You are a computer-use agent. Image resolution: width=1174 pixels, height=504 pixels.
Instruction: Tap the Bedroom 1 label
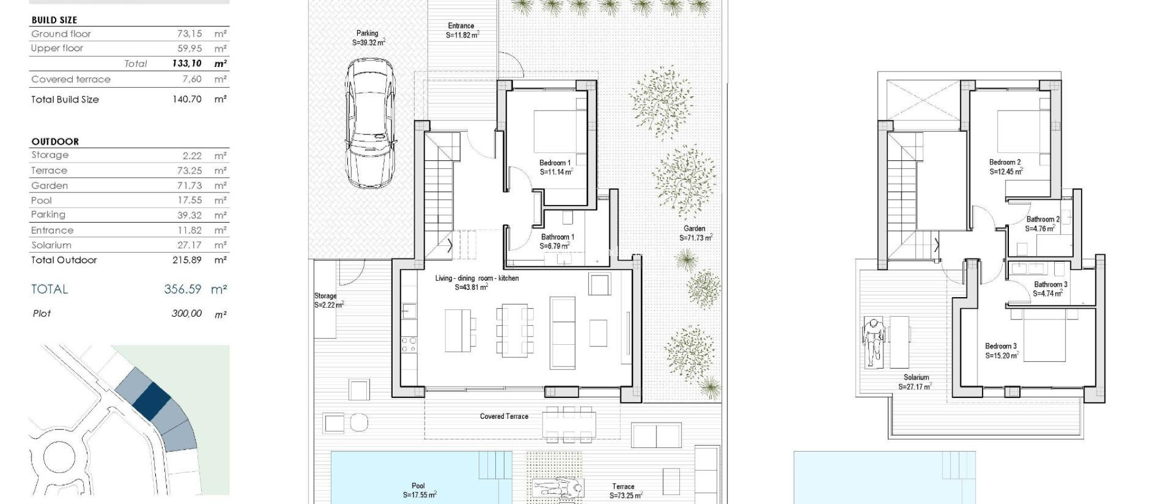point(555,163)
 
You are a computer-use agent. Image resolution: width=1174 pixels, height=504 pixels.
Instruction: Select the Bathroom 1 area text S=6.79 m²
point(554,246)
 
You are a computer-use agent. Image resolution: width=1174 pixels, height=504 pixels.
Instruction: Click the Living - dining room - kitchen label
point(476,278)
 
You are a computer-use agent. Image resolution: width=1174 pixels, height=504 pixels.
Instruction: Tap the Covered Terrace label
point(504,416)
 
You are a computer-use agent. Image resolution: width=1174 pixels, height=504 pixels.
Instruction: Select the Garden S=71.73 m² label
point(695,233)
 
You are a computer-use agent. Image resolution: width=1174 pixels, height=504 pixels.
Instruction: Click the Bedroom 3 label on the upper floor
point(1001,346)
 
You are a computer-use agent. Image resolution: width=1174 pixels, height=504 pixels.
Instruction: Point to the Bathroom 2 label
point(1043,219)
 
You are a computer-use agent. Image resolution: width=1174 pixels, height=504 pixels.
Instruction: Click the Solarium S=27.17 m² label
point(915,382)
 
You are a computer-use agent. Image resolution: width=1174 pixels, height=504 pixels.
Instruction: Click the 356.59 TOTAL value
point(183,289)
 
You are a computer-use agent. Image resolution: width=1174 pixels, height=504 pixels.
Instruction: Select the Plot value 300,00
point(186,314)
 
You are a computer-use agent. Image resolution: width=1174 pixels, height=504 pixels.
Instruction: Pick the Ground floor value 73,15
point(189,34)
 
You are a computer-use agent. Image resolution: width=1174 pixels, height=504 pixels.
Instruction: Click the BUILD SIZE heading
point(54,20)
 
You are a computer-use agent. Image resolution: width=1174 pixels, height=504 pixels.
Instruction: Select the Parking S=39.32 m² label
point(368,38)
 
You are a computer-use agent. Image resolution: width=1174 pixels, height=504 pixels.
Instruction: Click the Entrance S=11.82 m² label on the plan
point(461,30)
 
